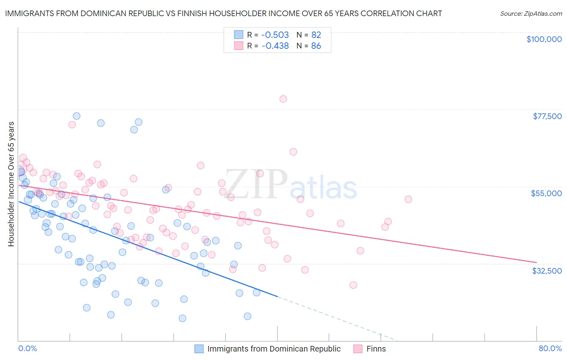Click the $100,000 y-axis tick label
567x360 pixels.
point(544,39)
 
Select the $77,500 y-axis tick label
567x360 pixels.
point(547,116)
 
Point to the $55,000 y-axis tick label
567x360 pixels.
point(546,193)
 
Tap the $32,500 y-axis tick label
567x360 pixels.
point(546,271)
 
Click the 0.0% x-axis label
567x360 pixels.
point(27,348)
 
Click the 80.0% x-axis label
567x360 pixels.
point(550,348)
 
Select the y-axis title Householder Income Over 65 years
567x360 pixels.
point(11,184)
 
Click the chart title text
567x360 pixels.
point(223,13)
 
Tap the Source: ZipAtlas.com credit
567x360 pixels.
point(531,13)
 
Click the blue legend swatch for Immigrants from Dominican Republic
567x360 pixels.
point(199,349)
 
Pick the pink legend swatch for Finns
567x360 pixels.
point(358,349)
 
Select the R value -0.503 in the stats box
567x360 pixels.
point(275,35)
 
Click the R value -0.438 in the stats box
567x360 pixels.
point(275,46)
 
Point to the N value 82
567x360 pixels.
point(316,35)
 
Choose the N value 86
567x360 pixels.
point(316,46)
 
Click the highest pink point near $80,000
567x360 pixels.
point(283,99)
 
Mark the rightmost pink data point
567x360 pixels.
point(408,199)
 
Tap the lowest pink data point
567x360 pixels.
point(353,285)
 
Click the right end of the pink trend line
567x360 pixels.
point(536,262)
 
